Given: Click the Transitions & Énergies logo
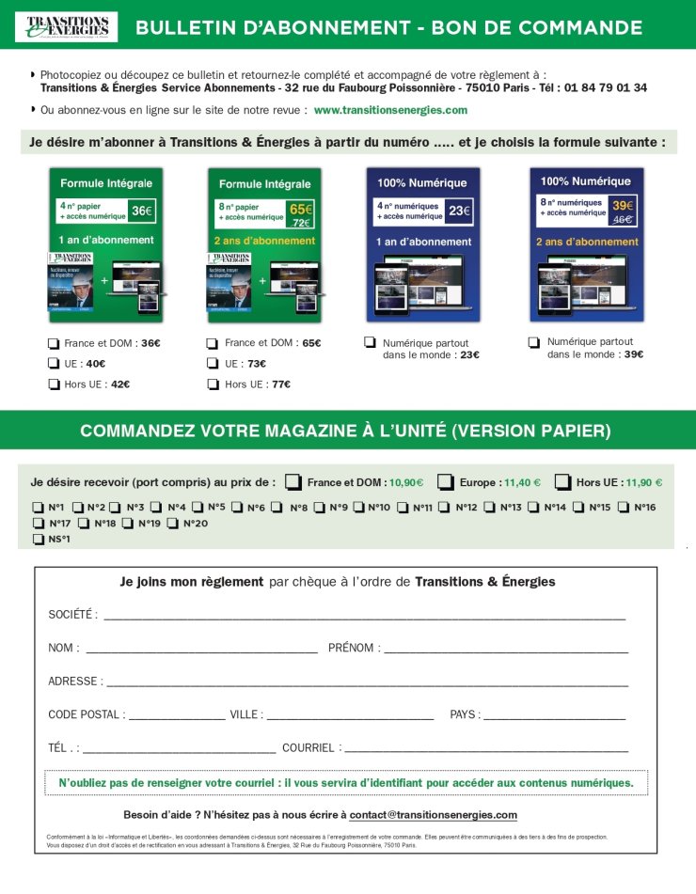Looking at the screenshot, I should [x=66, y=26].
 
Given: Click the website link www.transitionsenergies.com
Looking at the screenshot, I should [x=390, y=110].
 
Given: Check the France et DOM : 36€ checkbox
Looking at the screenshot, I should [x=54, y=343].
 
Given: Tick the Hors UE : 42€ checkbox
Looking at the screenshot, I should [x=54, y=384].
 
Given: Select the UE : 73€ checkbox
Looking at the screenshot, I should [x=213, y=364].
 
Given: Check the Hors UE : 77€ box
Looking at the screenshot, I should [x=213, y=384].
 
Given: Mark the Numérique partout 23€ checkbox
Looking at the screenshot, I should [x=371, y=342].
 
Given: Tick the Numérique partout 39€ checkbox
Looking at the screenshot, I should [x=534, y=342].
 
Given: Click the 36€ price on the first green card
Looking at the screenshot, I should [x=141, y=212].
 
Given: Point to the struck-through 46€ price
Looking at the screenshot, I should [x=621, y=218].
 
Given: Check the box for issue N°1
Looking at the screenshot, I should [x=38, y=508].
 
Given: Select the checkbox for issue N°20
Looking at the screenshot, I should [x=173, y=524].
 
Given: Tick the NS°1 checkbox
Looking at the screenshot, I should [x=38, y=540].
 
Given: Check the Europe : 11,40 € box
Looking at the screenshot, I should [x=446, y=482].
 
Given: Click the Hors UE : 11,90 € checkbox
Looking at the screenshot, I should [x=562, y=482].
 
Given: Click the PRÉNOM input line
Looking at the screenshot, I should [x=506, y=650].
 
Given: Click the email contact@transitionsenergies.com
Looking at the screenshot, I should [x=434, y=814].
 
